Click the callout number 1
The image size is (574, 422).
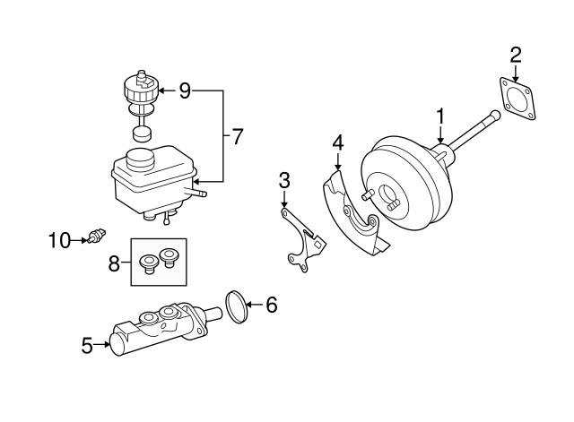pyautogui.click(x=440, y=116)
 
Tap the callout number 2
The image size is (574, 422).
pyautogui.click(x=516, y=55)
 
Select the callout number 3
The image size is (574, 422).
pyautogui.click(x=283, y=180)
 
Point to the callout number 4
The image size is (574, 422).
pyautogui.click(x=337, y=142)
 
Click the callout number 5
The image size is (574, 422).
pyautogui.click(x=87, y=345)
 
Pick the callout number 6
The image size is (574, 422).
pyautogui.click(x=271, y=306)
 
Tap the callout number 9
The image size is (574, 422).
pyautogui.click(x=185, y=90)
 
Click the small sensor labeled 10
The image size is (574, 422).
pyautogui.click(x=95, y=237)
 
